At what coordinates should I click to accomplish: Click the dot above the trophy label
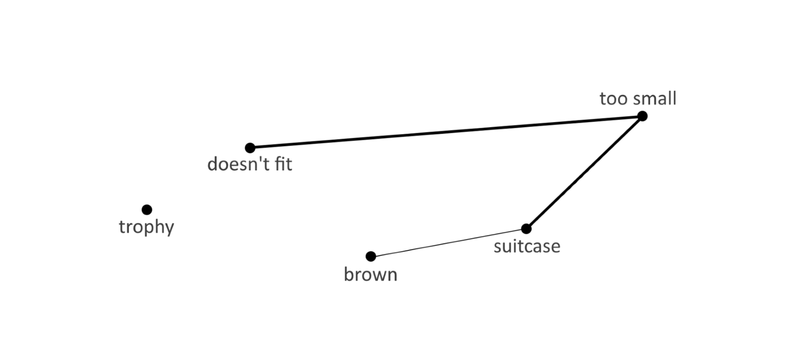(x=147, y=210)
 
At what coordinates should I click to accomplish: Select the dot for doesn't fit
(x=250, y=148)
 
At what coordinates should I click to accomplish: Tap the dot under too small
(x=642, y=116)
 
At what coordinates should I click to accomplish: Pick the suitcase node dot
(x=526, y=228)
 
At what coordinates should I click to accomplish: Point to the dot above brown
(x=371, y=256)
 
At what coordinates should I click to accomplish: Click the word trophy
(x=146, y=227)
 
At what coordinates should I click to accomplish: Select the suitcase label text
(x=527, y=247)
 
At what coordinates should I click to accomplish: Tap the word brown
(x=370, y=275)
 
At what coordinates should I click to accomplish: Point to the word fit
(x=283, y=164)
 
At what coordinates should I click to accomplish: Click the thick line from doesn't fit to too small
(x=445, y=132)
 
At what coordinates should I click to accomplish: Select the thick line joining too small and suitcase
(x=585, y=172)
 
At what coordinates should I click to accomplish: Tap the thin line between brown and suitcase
(x=449, y=242)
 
